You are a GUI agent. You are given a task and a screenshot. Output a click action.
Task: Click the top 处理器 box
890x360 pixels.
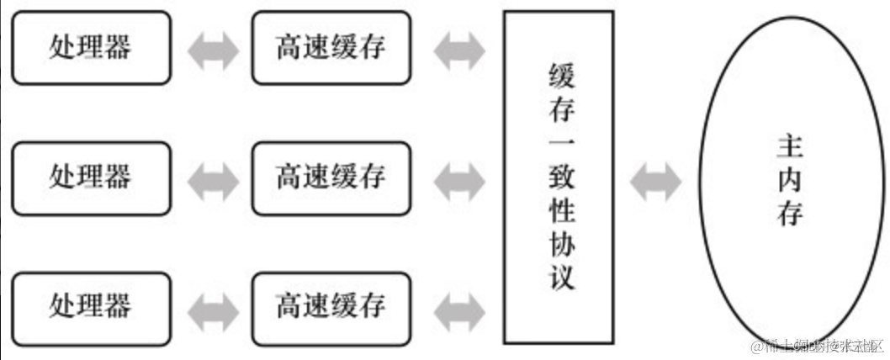(90, 47)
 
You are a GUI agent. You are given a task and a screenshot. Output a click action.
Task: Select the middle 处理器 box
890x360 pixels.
(90, 177)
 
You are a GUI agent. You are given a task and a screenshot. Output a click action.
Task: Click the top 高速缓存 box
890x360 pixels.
(331, 47)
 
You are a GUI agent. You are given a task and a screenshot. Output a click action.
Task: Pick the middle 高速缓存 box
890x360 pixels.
(331, 177)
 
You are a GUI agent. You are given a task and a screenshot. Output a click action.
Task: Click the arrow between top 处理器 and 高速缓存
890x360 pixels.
(210, 49)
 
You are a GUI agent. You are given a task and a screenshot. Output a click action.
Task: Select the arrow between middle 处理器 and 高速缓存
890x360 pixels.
(210, 177)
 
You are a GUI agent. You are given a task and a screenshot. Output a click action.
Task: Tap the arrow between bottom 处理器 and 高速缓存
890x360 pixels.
(210, 304)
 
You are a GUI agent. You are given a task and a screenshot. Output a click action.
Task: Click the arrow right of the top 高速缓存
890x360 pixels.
(458, 49)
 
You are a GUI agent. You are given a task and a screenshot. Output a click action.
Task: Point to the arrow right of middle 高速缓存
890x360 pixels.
(458, 177)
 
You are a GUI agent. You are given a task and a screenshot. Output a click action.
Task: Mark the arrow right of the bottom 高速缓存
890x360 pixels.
(458, 304)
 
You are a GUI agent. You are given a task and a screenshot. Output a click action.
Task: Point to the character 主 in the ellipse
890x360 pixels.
(790, 148)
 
